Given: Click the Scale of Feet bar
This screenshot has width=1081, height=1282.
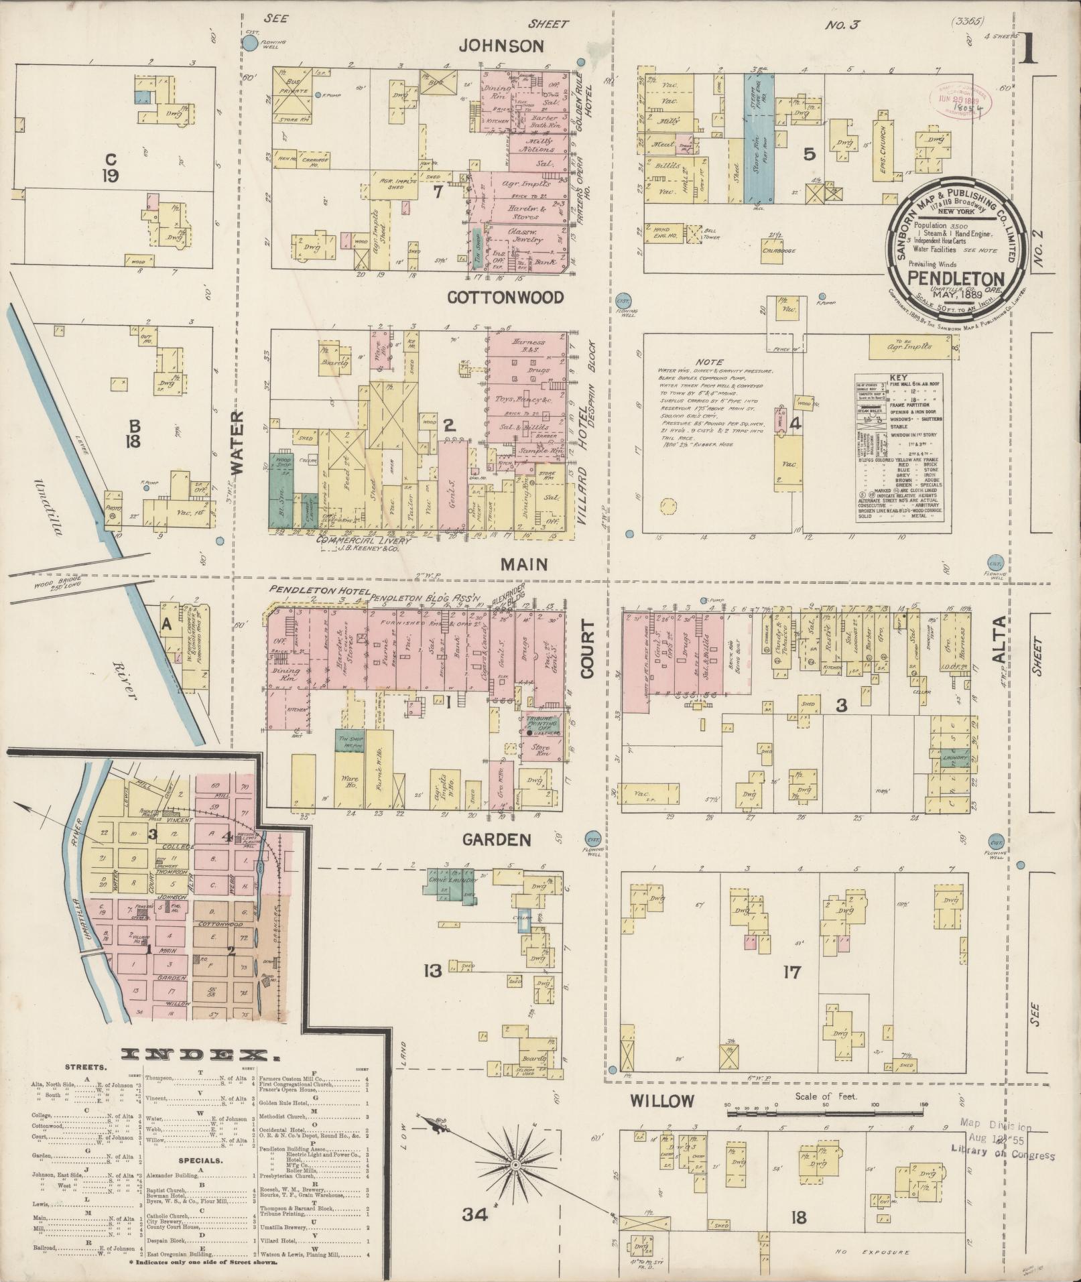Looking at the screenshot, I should coord(826,1114).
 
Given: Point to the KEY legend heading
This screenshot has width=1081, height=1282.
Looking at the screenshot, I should coord(898,378).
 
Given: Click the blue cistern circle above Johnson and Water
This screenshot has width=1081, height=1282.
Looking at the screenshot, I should coord(249,45).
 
